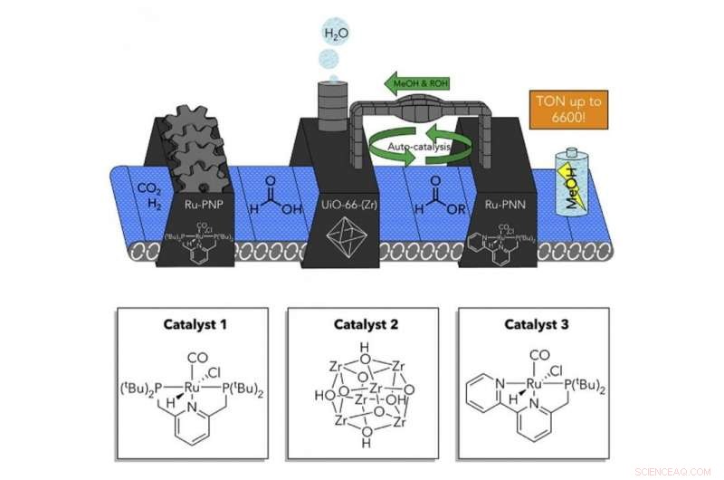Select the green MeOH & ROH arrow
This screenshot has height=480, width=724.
(x=416, y=84)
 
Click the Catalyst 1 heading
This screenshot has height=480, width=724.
(x=191, y=323)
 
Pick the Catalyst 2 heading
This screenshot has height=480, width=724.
(x=361, y=323)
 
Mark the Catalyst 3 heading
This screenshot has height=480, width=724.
(x=532, y=323)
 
